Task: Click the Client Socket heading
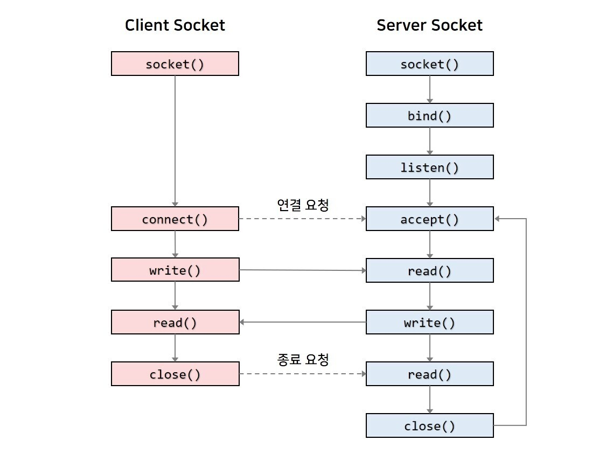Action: [175, 25]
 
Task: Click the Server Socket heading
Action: [429, 25]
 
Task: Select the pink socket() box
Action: [175, 64]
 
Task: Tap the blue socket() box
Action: [430, 64]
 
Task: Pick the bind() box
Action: [430, 115]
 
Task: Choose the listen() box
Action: [430, 167]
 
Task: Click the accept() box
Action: [430, 219]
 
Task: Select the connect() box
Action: [175, 219]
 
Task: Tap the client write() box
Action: [175, 270]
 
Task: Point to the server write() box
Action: [430, 322]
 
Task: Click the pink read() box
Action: [175, 322]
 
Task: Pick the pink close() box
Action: [175, 374]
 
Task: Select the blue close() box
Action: [430, 425]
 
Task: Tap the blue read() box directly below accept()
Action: [430, 270]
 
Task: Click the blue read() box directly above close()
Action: [430, 374]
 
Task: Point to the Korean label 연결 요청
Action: [303, 205]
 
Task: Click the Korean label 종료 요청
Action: [303, 359]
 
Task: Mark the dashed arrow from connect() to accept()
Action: [303, 219]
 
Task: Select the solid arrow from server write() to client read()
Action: [303, 322]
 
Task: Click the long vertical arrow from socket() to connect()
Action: [175, 141]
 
